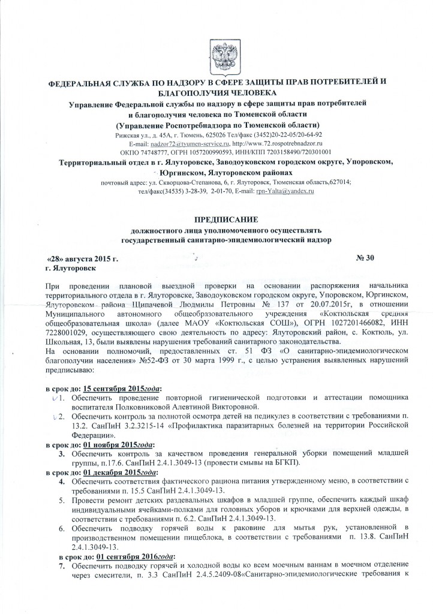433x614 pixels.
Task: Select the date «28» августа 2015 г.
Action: pyautogui.click(x=83, y=258)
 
